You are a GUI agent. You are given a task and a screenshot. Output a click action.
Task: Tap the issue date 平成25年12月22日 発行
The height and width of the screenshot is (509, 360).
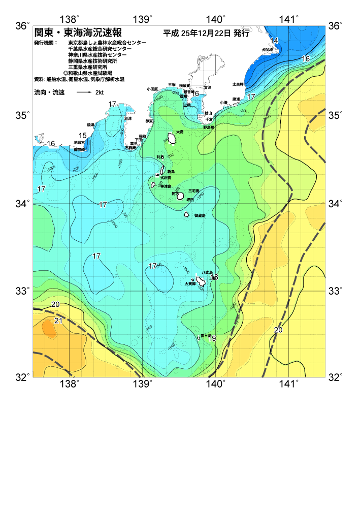click(206, 34)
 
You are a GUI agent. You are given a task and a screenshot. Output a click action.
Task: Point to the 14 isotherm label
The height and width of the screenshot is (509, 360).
click(274, 41)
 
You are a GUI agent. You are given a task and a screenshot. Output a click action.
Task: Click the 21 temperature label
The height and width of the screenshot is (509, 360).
click(58, 321)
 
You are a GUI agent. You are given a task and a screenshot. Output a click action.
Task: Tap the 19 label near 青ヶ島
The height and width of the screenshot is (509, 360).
click(212, 338)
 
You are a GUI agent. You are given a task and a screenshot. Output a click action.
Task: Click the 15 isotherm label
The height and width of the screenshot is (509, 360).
click(82, 135)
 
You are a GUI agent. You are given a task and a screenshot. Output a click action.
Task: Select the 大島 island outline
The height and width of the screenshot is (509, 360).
click(172, 138)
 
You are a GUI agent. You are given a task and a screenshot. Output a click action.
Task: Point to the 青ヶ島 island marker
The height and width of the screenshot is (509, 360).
click(199, 337)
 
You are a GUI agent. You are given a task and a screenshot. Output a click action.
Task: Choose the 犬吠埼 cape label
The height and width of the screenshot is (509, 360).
click(267, 50)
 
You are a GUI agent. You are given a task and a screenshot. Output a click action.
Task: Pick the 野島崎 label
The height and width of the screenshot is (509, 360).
click(209, 127)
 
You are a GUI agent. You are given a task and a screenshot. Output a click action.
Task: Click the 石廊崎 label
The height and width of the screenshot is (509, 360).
click(130, 148)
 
